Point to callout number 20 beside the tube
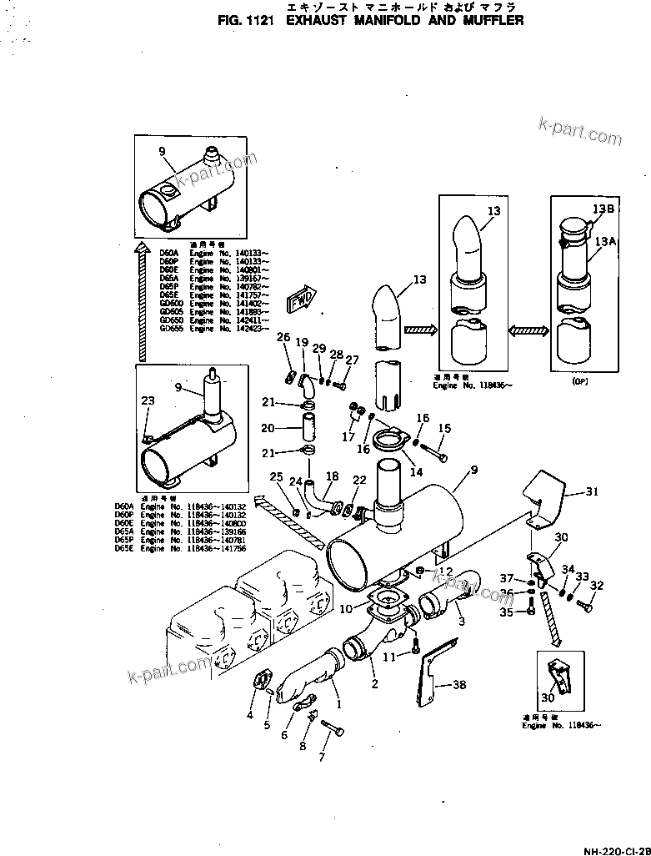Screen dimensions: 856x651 click(x=268, y=428)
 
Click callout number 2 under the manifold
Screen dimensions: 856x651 click(x=374, y=684)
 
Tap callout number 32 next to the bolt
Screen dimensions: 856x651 click(x=596, y=585)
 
